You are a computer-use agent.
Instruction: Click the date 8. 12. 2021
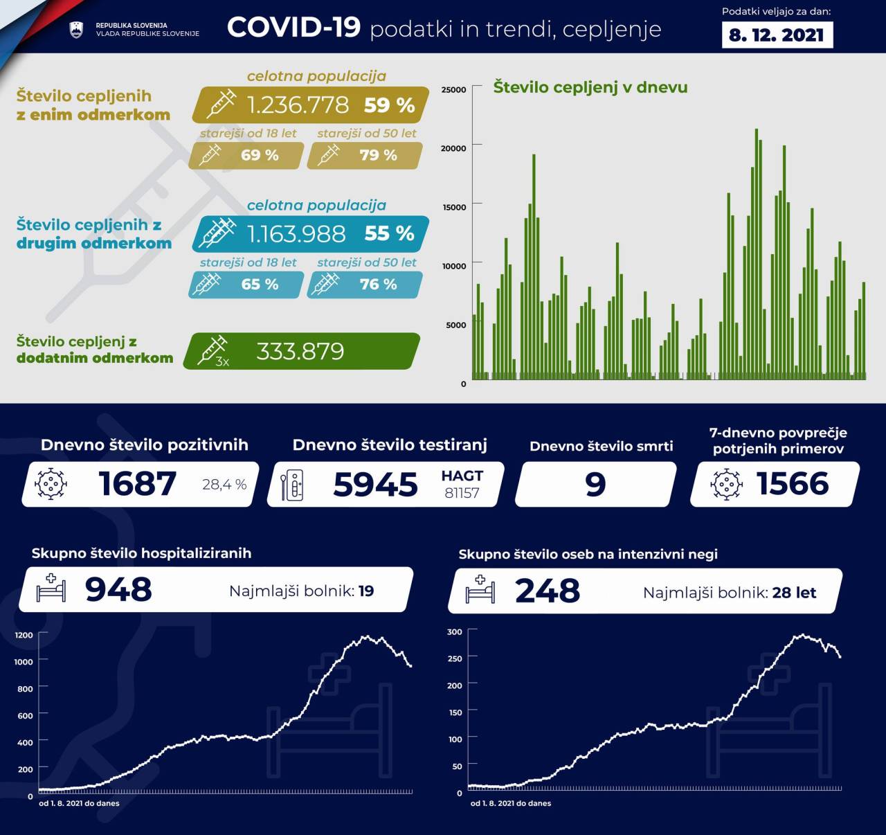tap(777, 35)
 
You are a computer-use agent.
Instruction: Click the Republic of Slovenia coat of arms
tap(76, 29)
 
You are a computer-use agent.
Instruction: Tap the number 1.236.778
tap(298, 105)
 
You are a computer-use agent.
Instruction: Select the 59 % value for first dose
tap(389, 105)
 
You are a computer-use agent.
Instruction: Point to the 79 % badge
tap(378, 155)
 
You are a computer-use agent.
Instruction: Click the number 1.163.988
tap(296, 234)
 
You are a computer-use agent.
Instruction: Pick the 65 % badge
tap(260, 285)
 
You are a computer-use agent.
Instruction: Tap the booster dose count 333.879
tap(300, 352)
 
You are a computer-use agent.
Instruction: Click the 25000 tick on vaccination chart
tap(453, 89)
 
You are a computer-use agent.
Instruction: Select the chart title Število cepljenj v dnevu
tap(590, 87)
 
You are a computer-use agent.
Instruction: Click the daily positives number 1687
tap(137, 483)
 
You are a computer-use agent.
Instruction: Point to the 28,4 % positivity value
tap(224, 485)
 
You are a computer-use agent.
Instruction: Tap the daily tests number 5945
tap(375, 484)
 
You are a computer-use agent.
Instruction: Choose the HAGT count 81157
tap(462, 493)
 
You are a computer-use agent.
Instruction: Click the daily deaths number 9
tap(595, 484)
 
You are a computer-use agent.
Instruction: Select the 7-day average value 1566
tap(793, 483)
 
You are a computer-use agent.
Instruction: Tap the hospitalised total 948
tap(118, 590)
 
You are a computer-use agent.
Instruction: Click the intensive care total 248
tap(548, 591)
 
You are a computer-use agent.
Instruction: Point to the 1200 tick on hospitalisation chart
tap(24, 635)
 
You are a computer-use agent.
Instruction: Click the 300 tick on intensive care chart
tap(454, 631)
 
